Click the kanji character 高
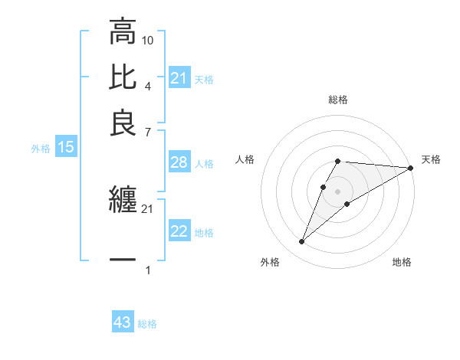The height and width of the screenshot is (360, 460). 123,33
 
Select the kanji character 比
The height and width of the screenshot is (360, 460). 123,78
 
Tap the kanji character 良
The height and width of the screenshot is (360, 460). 123,123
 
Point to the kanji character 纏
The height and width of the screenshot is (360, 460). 123,200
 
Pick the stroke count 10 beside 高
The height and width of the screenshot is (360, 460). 148,40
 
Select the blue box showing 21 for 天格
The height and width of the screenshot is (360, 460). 179,78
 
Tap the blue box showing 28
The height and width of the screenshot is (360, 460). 179,162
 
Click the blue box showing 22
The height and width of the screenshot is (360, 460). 179,231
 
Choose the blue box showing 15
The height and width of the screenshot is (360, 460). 65,147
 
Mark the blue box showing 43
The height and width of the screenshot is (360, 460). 123,323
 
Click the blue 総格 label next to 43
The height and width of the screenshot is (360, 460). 147,324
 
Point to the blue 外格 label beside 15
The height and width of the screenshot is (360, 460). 41,149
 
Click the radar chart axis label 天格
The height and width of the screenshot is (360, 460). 431,159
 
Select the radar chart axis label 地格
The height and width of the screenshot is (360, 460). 402,263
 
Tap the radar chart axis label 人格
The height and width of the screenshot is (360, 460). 245,159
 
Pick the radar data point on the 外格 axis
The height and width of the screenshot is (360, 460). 302,241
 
